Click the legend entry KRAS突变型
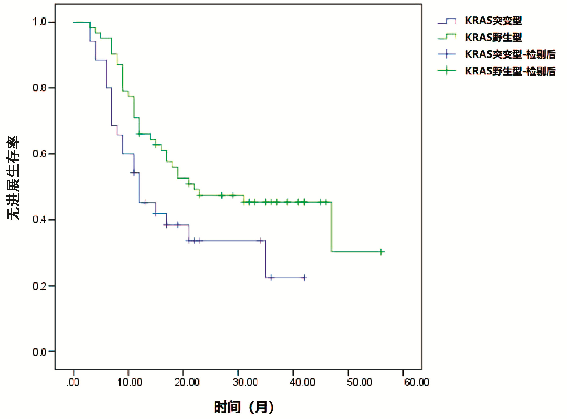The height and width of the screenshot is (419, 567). coord(493,21)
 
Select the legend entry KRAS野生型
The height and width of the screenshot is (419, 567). coord(493,37)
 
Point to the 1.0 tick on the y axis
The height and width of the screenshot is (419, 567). coord(40,22)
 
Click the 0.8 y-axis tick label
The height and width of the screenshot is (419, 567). coord(40,88)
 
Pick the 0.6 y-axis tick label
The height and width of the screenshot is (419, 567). coord(40,154)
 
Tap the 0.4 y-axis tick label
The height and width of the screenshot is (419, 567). coord(40,220)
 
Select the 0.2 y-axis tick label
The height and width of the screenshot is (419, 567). coord(40,286)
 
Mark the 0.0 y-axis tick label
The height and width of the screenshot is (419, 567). coord(40,352)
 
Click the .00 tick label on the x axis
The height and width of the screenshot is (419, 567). coord(73,382)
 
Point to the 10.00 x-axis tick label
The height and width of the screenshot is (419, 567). coord(130,382)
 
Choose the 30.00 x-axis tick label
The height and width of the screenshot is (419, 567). coord(245,382)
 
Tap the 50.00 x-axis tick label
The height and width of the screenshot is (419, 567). coord(359,382)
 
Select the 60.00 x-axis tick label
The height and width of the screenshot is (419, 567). coord(417,382)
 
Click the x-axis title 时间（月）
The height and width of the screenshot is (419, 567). coord(244,407)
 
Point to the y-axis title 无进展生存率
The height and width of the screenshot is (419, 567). coord(14,178)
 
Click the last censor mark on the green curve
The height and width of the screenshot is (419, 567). coord(381,252)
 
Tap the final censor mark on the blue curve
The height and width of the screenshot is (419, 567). coord(304,278)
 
